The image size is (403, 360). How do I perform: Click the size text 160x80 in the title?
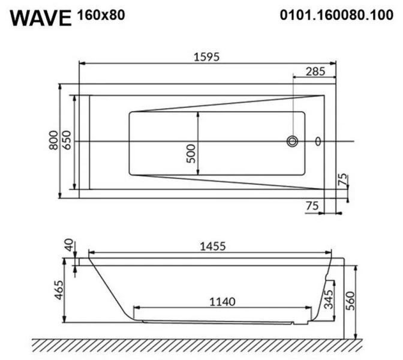[x=101, y=15]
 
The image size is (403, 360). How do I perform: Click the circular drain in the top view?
[x=293, y=142]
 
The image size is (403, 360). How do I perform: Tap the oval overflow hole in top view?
[x=318, y=142]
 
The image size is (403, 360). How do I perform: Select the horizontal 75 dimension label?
[x=312, y=205]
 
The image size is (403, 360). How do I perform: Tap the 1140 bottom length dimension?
[x=223, y=301]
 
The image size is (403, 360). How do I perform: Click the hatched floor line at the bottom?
[x=198, y=345]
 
